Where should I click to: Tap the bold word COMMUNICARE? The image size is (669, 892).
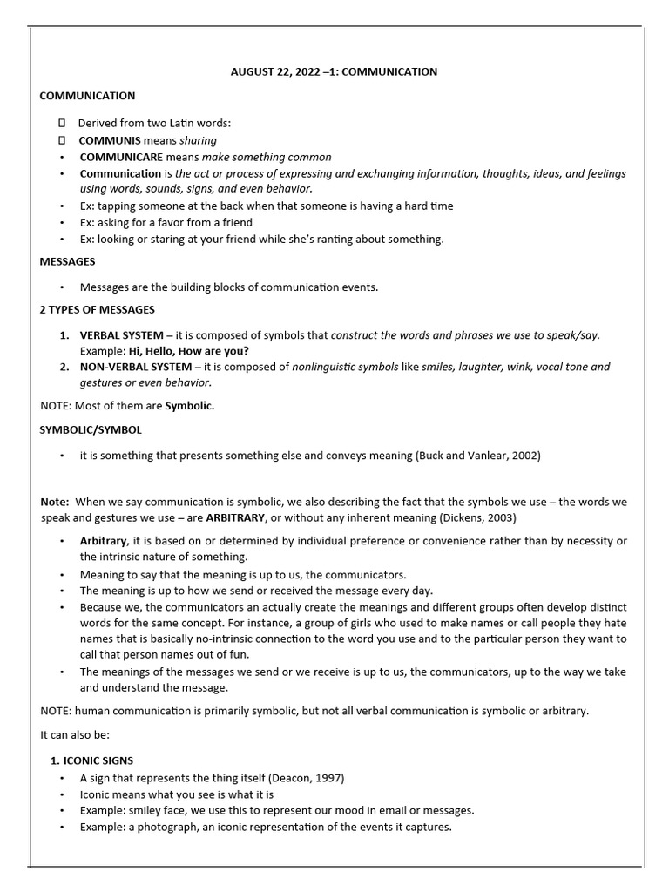[119, 157]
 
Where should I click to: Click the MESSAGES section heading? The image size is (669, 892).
[68, 261]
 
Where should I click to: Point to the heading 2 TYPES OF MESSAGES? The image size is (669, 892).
[98, 310]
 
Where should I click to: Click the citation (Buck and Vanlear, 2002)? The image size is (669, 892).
[478, 455]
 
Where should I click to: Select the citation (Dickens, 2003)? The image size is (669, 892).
[468, 517]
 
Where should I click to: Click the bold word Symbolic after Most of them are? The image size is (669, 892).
[190, 406]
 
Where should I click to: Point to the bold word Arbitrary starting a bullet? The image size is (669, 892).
[104, 541]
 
